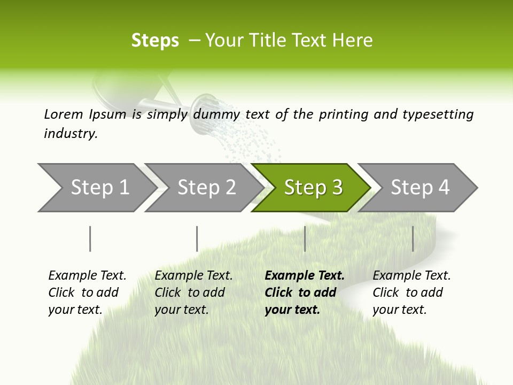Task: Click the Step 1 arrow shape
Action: tap(96, 188)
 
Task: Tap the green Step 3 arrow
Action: tap(313, 188)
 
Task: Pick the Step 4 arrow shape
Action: tap(419, 188)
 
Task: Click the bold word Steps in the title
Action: tap(155, 41)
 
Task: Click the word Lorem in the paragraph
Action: tap(64, 114)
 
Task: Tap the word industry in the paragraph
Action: tap(71, 134)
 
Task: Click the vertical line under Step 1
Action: tap(90, 238)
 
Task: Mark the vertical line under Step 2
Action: tap(197, 238)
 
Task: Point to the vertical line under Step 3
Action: tap(305, 238)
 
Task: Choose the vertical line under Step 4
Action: tap(413, 238)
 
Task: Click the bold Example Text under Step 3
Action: tap(305, 276)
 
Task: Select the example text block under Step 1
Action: tap(87, 292)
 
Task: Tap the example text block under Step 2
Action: tap(193, 292)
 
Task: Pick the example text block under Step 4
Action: tap(411, 292)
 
